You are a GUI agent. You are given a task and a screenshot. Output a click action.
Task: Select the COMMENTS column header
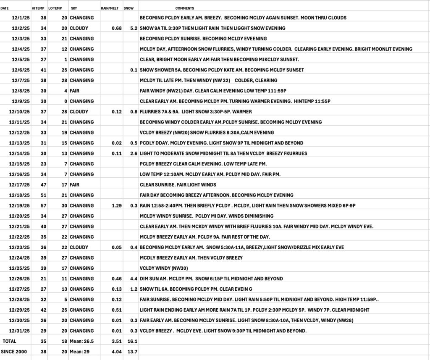(x=185, y=8)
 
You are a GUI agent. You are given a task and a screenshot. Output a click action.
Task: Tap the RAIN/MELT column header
(x=109, y=8)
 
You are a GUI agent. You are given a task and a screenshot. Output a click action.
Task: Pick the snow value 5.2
(x=134, y=28)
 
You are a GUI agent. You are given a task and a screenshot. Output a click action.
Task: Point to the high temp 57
(x=42, y=205)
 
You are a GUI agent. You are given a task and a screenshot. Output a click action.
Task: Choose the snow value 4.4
(x=134, y=279)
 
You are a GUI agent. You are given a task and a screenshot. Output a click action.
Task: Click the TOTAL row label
(x=10, y=341)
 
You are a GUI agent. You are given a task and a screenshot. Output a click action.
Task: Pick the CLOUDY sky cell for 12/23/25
(x=79, y=247)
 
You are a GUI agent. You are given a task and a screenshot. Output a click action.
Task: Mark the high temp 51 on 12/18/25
(x=42, y=195)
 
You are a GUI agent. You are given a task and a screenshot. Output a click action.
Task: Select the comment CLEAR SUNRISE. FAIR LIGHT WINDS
(x=178, y=184)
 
